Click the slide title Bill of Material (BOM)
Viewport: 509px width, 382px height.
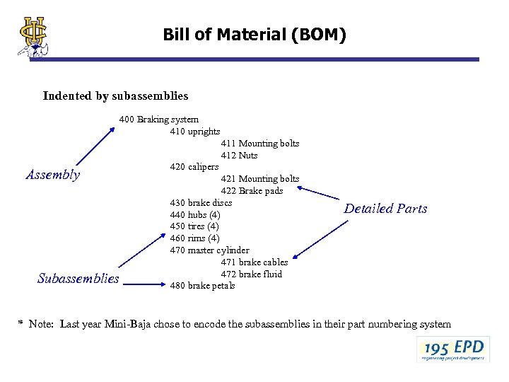255,34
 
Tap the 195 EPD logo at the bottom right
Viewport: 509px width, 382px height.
453,349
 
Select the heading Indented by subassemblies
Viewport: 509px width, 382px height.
115,95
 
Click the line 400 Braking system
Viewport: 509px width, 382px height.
159,120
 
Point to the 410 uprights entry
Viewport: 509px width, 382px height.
194,132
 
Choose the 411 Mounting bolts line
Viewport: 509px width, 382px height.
259,144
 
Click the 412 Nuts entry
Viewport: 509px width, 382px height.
239,156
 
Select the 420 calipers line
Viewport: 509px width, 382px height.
194,167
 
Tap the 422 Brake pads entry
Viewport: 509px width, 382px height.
252,191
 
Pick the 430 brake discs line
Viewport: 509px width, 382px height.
201,202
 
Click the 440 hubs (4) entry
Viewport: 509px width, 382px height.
195,214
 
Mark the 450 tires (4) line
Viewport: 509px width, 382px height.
195,226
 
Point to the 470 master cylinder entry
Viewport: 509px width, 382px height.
209,250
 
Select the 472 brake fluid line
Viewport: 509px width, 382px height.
251,274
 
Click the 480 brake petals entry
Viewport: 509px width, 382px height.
202,286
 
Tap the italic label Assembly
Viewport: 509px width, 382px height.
53,175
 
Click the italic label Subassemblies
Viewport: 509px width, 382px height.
78,279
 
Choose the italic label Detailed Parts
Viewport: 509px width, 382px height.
385,209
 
